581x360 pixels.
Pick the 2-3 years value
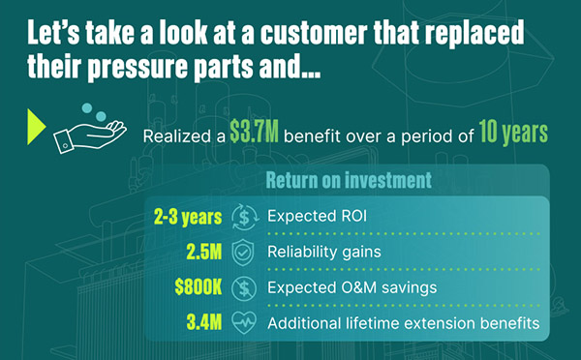pyautogui.click(x=188, y=216)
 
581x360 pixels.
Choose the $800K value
pyautogui.click(x=193, y=286)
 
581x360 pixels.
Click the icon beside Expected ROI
pyautogui.click(x=243, y=217)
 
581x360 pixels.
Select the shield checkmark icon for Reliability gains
pyautogui.click(x=243, y=252)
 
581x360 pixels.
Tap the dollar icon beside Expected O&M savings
pyautogui.click(x=243, y=287)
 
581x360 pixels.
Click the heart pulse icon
pyautogui.click(x=243, y=322)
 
